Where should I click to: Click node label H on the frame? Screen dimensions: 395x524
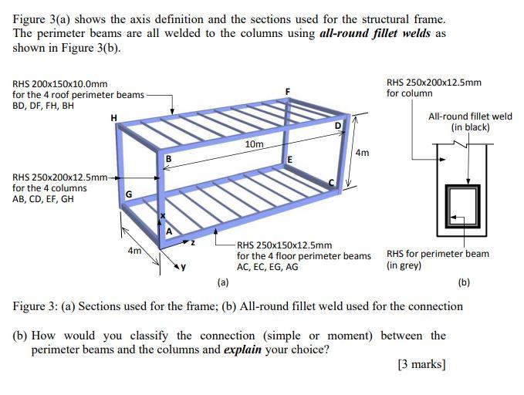coord(114,117)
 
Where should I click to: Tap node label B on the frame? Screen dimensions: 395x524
coord(167,159)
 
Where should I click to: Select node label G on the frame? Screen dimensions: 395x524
coord(129,193)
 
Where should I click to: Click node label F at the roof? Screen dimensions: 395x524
coord(287,92)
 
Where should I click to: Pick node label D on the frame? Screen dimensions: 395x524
coord(337,126)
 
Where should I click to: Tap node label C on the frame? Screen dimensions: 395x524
coord(332,183)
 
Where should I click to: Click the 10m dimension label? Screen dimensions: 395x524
coord(254,145)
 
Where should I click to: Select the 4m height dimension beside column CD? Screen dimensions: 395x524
coord(362,153)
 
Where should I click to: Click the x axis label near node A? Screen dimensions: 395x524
coord(161,215)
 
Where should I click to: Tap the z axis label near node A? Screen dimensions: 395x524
coord(193,242)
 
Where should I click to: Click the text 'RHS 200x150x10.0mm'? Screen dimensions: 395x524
coord(60,84)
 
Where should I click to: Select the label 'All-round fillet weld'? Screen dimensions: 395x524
coord(470,116)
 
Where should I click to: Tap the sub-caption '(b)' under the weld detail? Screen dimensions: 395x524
coord(464,282)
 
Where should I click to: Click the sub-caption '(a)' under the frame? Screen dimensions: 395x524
coord(223,282)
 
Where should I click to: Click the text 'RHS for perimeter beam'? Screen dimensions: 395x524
coord(438,254)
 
